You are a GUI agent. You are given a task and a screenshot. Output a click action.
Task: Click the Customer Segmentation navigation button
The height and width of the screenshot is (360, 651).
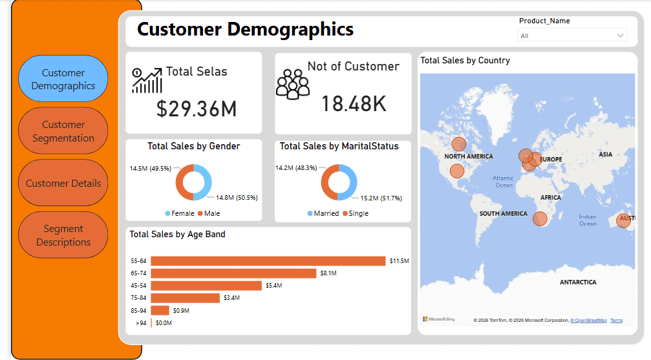coord(63,131)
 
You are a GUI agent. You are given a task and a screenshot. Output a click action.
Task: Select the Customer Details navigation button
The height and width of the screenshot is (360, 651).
coord(63,183)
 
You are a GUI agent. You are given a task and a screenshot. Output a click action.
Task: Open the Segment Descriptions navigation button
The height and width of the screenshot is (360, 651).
coord(63,235)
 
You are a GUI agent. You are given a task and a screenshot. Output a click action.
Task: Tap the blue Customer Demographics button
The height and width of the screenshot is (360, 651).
coord(63,79)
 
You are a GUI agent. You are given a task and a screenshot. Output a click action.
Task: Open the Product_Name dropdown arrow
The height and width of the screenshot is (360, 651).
coord(620,36)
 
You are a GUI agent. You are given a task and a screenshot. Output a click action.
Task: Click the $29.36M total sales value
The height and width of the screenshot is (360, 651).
coord(197,109)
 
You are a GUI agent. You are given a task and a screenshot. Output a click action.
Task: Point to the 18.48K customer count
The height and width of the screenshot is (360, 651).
coord(354,104)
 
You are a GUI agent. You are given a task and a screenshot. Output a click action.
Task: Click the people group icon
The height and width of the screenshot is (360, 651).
coord(293,84)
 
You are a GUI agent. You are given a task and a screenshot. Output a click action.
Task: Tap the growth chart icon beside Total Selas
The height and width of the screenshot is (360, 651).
coord(147,81)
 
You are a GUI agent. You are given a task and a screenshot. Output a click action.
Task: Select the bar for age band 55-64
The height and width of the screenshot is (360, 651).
coord(268,260)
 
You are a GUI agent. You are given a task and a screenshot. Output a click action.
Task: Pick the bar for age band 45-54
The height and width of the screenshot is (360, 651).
coord(206,286)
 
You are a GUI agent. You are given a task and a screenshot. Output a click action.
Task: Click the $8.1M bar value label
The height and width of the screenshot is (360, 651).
coord(328,273)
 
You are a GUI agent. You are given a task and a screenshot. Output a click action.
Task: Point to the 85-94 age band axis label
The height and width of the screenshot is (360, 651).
coord(139,311)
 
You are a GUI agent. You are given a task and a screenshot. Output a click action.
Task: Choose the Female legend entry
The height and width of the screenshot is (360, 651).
coord(180,213)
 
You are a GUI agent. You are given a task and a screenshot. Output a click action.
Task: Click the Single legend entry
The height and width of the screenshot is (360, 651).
coord(356,213)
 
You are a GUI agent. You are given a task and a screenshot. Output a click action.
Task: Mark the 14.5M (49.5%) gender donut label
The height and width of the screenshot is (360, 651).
coord(150,169)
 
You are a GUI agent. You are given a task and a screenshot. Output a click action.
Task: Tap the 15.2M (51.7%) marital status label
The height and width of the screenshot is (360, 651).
coord(381,198)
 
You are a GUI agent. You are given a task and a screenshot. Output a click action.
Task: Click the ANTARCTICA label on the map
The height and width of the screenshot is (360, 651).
coord(578,282)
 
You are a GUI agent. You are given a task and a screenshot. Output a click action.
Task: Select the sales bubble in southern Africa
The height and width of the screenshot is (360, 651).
coord(540,218)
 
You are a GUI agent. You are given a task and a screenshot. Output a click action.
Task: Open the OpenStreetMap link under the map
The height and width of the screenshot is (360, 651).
coord(589,321)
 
